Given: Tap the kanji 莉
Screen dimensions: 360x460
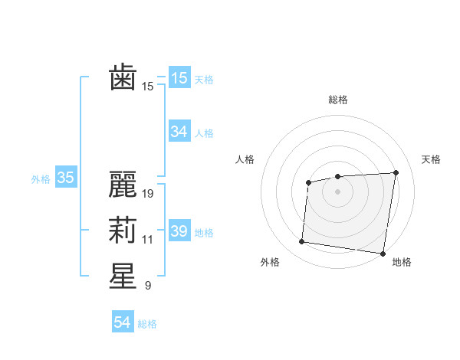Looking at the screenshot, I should (x=123, y=231).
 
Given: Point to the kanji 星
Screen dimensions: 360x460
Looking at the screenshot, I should (x=123, y=277).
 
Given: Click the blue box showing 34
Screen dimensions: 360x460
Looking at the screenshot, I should (x=179, y=132).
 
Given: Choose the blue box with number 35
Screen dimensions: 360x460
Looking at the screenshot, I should (x=65, y=178).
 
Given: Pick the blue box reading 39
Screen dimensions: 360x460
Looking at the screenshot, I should (x=179, y=231).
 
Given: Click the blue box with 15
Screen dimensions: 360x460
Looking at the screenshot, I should (x=179, y=78).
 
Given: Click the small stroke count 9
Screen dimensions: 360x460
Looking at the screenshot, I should (x=147, y=286).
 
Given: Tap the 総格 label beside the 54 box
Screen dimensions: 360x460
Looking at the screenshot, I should (x=147, y=323).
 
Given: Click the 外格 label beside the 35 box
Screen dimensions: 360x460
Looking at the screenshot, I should (x=41, y=179).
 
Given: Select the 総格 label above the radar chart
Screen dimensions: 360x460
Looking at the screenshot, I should (x=338, y=100).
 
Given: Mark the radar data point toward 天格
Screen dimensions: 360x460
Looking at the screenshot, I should (x=396, y=172).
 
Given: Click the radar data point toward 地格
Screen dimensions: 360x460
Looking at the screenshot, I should (x=382, y=253).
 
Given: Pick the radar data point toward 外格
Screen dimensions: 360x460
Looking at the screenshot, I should (x=302, y=242).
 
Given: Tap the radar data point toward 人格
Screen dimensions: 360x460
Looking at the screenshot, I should (x=308, y=182).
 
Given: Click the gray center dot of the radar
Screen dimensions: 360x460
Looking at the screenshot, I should (x=337, y=191).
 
